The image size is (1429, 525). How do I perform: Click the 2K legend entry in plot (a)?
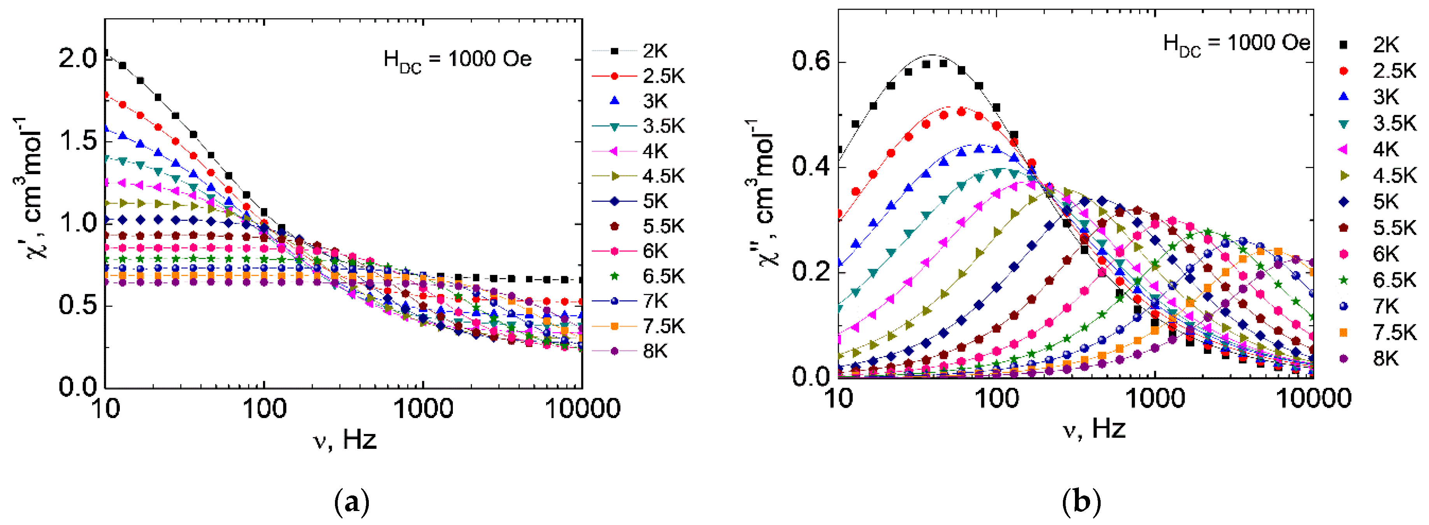[x=655, y=51]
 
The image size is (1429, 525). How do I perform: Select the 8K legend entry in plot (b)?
[x=1386, y=359]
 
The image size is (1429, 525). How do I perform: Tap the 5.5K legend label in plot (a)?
[x=663, y=226]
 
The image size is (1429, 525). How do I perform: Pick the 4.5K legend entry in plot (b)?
[x=1394, y=176]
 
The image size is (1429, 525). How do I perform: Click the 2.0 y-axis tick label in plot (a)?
[x=78, y=58]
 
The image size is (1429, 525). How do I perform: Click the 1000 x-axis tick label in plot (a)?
[x=423, y=409]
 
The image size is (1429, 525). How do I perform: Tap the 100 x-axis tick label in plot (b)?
[x=997, y=399]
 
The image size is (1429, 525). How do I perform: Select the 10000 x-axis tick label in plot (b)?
[x=1313, y=399]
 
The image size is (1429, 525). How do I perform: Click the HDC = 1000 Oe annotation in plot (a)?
[x=457, y=60]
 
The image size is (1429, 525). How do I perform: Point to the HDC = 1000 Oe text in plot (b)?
[x=1236, y=44]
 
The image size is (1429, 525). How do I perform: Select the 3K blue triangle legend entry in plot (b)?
[x=1386, y=97]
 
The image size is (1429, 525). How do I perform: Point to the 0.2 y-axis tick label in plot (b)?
[x=810, y=272]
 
